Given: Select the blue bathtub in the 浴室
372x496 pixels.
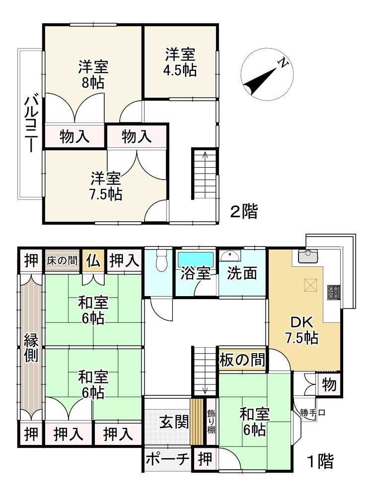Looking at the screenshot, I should pyautogui.click(x=196, y=259).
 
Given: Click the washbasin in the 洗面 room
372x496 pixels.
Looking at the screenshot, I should pyautogui.click(x=230, y=256).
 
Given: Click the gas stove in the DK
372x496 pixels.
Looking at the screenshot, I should pyautogui.click(x=333, y=292).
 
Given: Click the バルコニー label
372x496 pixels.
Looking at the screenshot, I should pyautogui.click(x=30, y=124).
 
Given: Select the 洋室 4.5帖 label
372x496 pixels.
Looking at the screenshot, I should pyautogui.click(x=180, y=62).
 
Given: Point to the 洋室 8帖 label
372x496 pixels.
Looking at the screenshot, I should pyautogui.click(x=93, y=74).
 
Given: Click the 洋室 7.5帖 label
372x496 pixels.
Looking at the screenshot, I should pyautogui.click(x=106, y=186).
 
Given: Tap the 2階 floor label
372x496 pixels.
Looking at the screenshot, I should pyautogui.click(x=243, y=212).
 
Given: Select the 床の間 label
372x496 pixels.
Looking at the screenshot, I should pyautogui.click(x=63, y=260).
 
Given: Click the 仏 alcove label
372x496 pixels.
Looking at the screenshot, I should pyautogui.click(x=93, y=260).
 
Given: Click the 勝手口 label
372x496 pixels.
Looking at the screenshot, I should pyautogui.click(x=312, y=412).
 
